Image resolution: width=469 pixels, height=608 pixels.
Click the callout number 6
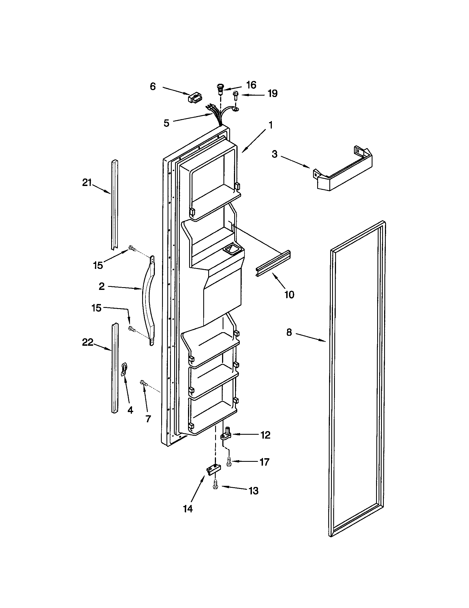[153, 87]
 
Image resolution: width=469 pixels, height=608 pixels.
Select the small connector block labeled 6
[196, 99]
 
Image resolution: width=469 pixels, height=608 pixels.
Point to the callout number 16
[251, 85]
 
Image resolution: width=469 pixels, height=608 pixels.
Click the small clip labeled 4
[124, 369]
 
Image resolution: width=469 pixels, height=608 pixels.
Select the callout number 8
[289, 332]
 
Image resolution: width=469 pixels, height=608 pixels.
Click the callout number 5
[166, 123]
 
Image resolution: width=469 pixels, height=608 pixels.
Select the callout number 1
[270, 125]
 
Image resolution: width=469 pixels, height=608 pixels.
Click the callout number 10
[289, 295]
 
